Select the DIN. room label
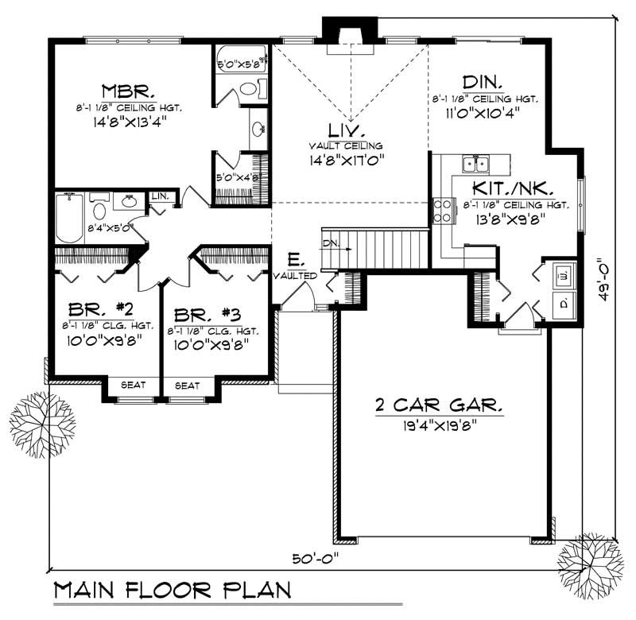click(482, 81)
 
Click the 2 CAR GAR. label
click(439, 405)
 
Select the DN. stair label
click(331, 241)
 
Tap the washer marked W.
click(563, 275)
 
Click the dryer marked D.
click(563, 304)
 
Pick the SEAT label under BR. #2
click(132, 386)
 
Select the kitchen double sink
click(476, 165)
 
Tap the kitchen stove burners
click(442, 212)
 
